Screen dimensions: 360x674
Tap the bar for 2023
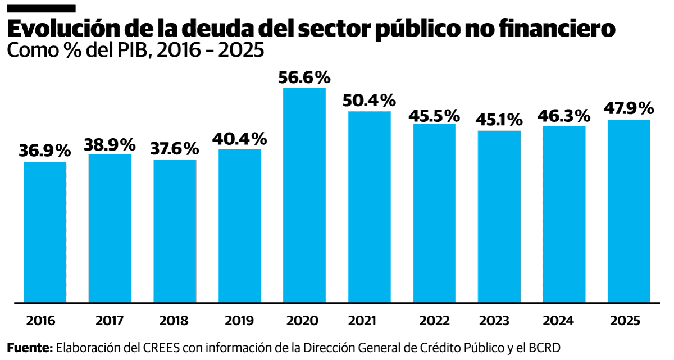(x=499, y=216)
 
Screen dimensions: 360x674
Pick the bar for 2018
(x=175, y=231)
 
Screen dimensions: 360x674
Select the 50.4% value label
(x=369, y=101)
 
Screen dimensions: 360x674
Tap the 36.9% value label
(x=45, y=151)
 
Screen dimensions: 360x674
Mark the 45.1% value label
(x=499, y=120)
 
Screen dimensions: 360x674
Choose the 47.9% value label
(x=629, y=108)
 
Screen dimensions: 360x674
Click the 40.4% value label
(x=239, y=138)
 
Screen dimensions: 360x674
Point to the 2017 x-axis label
(x=110, y=321)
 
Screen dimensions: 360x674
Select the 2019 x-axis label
(x=239, y=321)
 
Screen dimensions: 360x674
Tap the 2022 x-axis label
(x=434, y=321)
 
